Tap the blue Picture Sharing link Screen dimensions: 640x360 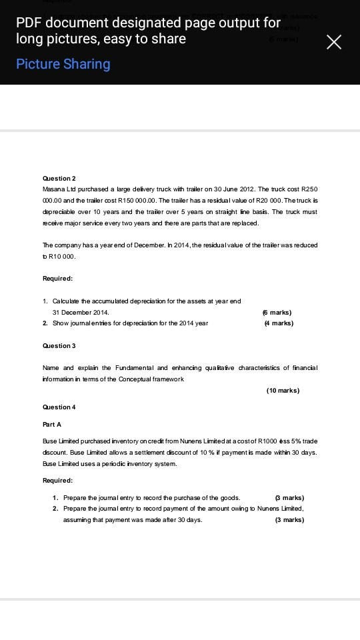[63, 64]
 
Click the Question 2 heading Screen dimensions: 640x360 [58, 179]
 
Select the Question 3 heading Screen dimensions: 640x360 [58, 345]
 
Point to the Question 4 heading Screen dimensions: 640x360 [58, 407]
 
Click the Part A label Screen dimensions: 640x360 [51, 424]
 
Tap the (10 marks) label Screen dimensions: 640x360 [283, 390]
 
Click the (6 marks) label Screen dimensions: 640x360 [277, 312]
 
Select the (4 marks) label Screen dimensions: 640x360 [279, 323]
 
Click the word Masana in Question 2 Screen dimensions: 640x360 [53, 189]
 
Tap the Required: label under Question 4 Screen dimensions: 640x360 [57, 480]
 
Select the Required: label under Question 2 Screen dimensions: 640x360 [57, 278]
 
